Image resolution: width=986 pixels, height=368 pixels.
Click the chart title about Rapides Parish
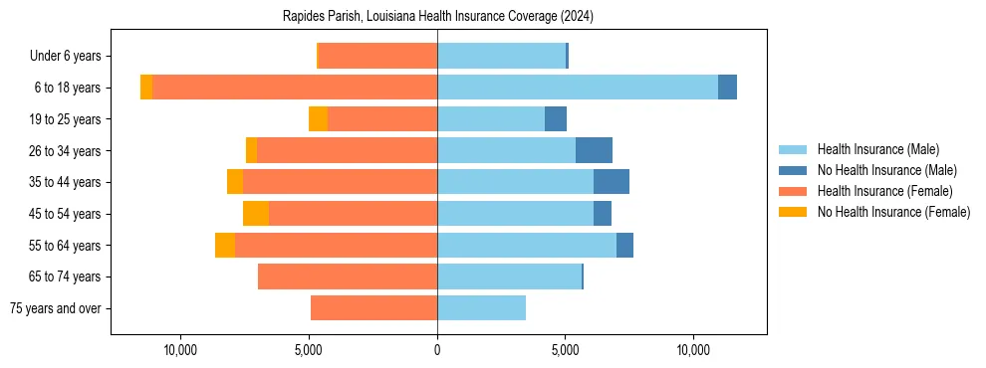click(x=438, y=17)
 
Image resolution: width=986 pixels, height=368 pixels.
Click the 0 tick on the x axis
click(x=437, y=350)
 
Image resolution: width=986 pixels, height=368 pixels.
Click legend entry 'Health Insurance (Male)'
click(x=877, y=149)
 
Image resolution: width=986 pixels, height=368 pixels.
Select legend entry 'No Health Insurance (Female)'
click(x=893, y=212)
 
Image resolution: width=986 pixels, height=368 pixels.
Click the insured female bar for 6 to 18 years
click(x=295, y=88)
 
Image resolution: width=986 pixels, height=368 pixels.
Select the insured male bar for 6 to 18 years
click(x=578, y=88)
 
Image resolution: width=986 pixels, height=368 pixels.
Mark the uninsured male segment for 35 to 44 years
click(x=612, y=182)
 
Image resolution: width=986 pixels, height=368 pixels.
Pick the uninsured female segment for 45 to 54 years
click(x=256, y=214)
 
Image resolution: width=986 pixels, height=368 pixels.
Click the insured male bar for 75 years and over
click(x=481, y=308)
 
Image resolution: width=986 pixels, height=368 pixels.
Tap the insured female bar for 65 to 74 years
click(x=348, y=276)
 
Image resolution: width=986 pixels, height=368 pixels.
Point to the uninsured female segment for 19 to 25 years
click(x=318, y=119)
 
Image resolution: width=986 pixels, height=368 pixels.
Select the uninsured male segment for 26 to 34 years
click(x=594, y=150)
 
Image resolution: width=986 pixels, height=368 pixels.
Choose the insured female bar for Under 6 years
click(x=377, y=56)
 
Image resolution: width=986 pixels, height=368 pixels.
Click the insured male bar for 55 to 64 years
click(x=527, y=245)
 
